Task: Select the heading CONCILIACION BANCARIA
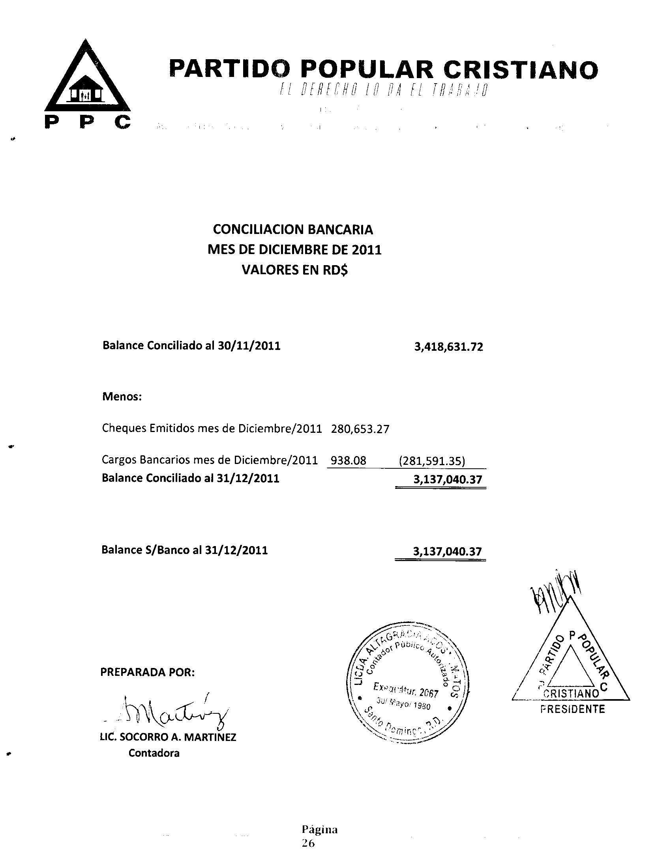point(293,229)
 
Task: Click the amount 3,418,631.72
point(448,347)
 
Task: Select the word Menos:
point(122,396)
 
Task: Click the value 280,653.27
point(360,429)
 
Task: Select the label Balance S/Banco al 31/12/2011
point(184,550)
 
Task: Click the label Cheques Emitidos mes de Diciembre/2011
point(212,428)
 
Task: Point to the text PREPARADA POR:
point(148,672)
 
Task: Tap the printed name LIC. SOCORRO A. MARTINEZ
point(168,737)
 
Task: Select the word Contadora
point(154,753)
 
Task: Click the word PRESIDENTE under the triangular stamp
point(572,709)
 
